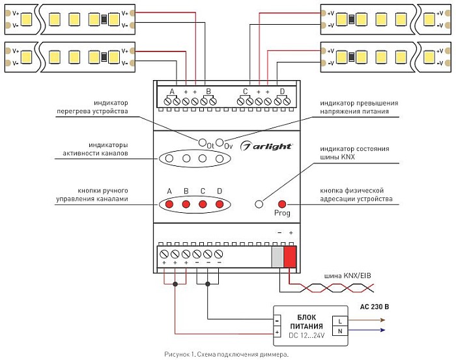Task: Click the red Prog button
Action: [282, 204]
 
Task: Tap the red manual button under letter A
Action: [169, 204]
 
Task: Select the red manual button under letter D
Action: [220, 204]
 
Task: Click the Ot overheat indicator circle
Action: [202, 143]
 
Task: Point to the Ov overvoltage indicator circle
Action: [220, 143]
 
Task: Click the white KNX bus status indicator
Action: [259, 204]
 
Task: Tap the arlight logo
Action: [266, 146]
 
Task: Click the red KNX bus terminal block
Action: [290, 256]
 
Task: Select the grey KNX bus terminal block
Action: [278, 256]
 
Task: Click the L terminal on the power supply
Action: [340, 322]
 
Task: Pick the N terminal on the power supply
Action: [340, 331]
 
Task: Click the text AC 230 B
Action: [375, 307]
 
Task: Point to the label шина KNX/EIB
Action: [347, 275]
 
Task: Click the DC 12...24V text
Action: [307, 335]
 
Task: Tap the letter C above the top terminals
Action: [245, 92]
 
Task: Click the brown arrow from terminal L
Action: [366, 320]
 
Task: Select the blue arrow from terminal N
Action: [366, 330]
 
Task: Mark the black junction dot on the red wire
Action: [175, 284]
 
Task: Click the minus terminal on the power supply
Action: [277, 321]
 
